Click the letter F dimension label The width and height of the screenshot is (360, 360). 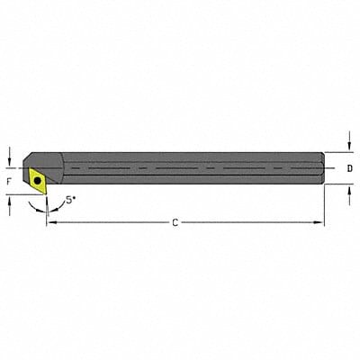[x=9, y=179]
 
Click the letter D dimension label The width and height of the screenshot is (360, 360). [x=349, y=168]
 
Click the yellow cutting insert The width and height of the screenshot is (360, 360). [x=36, y=178]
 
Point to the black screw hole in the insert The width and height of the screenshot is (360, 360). [x=37, y=179]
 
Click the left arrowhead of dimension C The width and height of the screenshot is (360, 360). [x=50, y=221]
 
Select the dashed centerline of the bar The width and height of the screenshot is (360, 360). [x=180, y=168]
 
